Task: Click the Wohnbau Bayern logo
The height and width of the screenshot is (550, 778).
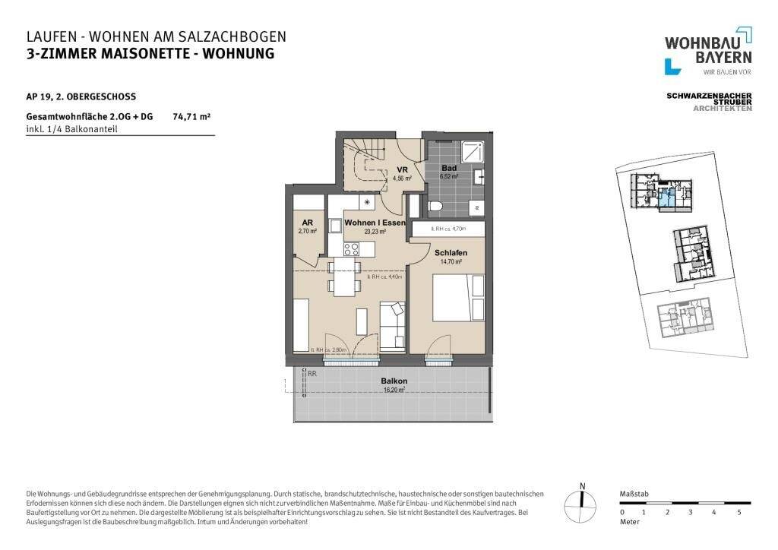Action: pyautogui.click(x=708, y=52)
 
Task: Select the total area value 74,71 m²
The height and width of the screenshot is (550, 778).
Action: pyautogui.click(x=191, y=117)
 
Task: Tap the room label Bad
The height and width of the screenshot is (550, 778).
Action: pyautogui.click(x=449, y=168)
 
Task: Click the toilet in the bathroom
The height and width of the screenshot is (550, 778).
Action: pyautogui.click(x=435, y=206)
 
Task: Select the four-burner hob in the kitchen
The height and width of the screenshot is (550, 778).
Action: pyautogui.click(x=352, y=248)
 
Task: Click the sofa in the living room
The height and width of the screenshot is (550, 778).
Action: pyautogui.click(x=392, y=325)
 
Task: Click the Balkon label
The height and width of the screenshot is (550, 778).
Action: pyautogui.click(x=394, y=381)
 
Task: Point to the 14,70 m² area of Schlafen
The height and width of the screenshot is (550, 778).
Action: pyautogui.click(x=451, y=261)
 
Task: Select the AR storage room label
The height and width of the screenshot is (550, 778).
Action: pyautogui.click(x=307, y=223)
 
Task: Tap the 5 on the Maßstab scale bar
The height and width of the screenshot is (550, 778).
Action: pyautogui.click(x=739, y=513)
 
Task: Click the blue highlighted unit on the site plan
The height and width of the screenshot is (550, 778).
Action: pyautogui.click(x=666, y=199)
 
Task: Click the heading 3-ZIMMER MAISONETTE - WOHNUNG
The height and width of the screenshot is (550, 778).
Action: pyautogui.click(x=150, y=53)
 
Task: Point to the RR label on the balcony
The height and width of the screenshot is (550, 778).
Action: pyautogui.click(x=312, y=373)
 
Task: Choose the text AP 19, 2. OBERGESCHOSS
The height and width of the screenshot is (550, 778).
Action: pyautogui.click(x=81, y=96)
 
